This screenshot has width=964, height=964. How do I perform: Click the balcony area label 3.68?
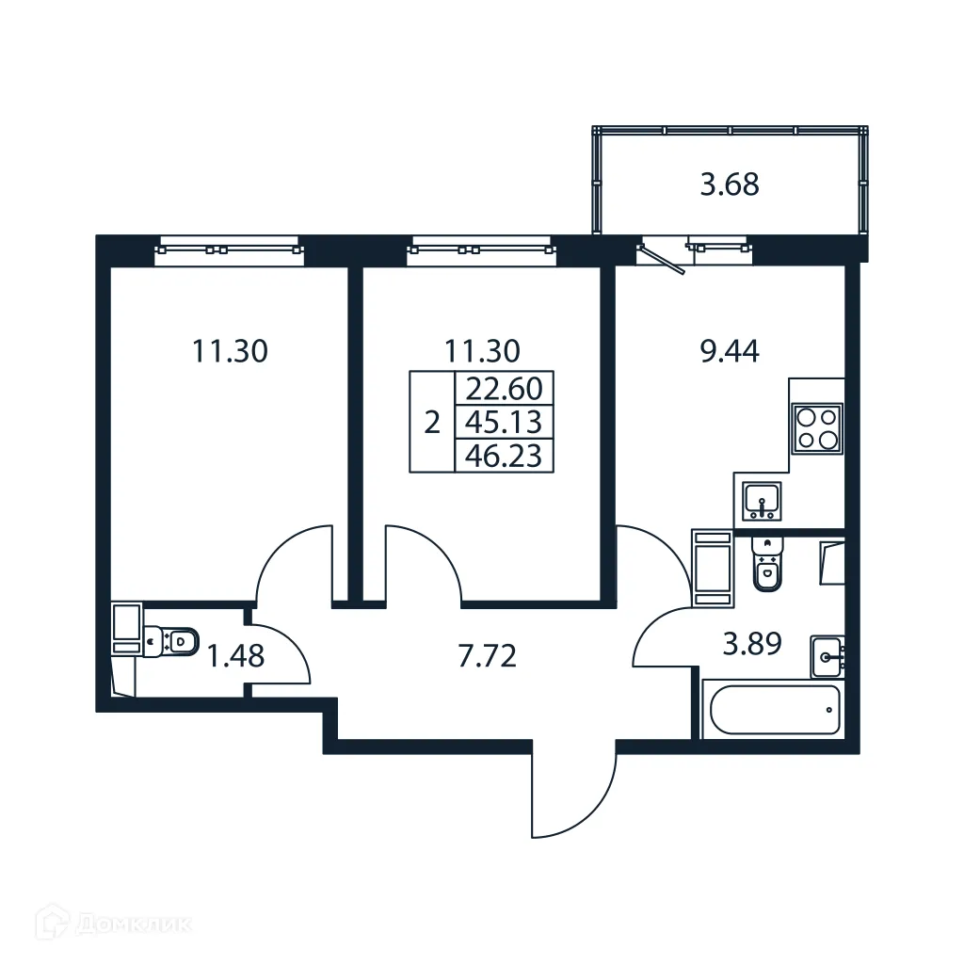coord(730,184)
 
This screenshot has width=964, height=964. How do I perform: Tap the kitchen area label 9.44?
coord(731,351)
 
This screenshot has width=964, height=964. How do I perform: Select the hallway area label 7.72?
coord(487,656)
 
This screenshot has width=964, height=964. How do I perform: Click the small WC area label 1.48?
coord(235,655)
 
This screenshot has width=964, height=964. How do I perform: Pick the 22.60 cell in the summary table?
coord(504,388)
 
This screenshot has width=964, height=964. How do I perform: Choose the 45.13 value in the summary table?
coord(504,422)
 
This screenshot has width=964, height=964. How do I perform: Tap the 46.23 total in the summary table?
coord(504,456)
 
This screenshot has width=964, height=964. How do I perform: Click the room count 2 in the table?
coord(432,422)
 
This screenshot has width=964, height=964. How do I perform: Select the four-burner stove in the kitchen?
coord(816,426)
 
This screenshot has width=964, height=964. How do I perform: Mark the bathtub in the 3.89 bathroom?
coord(774,710)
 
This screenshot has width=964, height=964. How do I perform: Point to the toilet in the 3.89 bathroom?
coord(767,566)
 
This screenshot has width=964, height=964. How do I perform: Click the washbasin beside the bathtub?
coord(827,656)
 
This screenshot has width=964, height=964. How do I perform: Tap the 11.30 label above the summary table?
coord(482,351)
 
